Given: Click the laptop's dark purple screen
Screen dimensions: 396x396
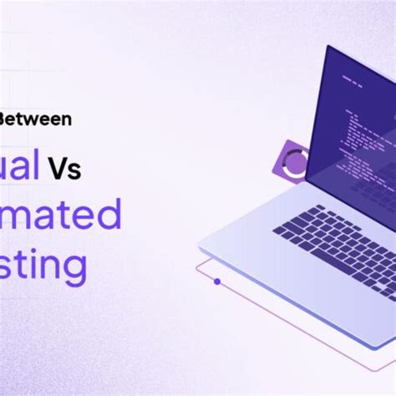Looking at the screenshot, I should (351, 125).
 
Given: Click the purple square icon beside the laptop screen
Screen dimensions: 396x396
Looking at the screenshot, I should (293, 159).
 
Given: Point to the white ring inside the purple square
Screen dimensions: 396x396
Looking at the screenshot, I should (295, 160).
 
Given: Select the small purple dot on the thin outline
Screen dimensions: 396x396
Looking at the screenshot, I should (217, 282).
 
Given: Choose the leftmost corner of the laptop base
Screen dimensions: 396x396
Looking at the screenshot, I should (199, 247).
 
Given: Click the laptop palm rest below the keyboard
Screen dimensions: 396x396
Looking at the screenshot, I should (284, 267).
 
